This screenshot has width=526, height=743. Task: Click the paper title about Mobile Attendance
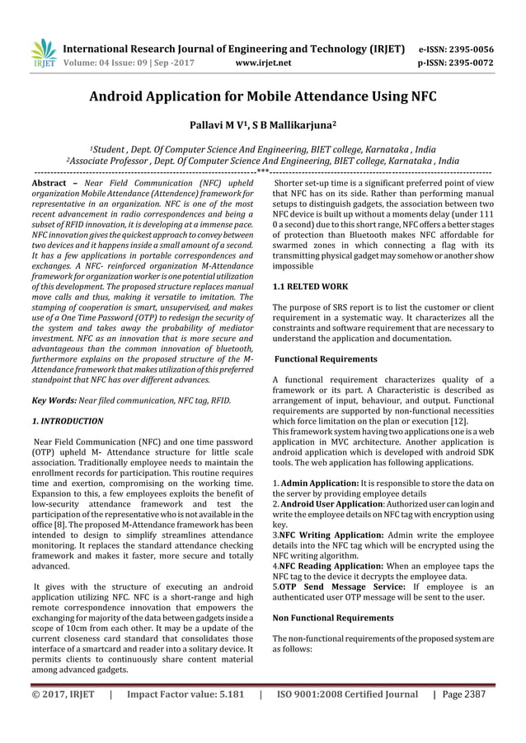pos(263,98)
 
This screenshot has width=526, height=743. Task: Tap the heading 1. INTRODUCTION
pos(67,421)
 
